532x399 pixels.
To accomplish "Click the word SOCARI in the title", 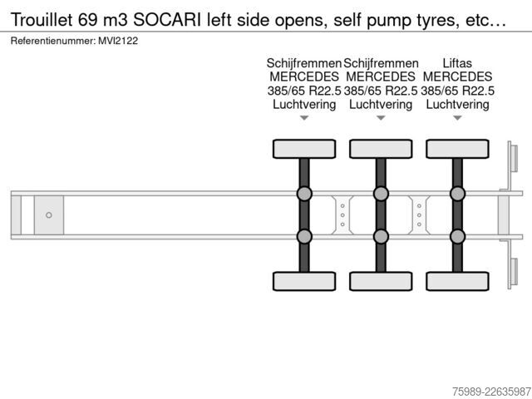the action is click(167, 20).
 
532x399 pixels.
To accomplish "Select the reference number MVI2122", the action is click(118, 41).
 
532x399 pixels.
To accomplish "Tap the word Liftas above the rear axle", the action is click(457, 63).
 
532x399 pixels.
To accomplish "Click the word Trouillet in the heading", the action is click(42, 20).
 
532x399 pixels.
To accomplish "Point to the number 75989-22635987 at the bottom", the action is click(491, 392).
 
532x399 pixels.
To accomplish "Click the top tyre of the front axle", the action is click(304, 149).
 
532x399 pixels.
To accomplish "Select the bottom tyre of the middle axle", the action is click(381, 281).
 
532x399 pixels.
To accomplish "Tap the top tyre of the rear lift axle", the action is click(457, 149).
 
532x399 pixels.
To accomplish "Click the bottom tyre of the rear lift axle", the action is click(457, 281).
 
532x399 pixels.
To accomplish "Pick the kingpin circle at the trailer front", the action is click(49, 215).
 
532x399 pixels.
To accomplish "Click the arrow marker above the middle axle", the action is click(381, 118).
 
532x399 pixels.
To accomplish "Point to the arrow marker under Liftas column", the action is click(457, 118).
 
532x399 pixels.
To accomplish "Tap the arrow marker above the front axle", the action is click(304, 118).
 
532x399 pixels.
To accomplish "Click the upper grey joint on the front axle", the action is click(304, 194).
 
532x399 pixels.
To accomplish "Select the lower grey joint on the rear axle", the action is click(457, 236).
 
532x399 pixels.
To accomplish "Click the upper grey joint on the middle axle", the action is click(381, 194).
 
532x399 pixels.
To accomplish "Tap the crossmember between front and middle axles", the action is click(342, 215).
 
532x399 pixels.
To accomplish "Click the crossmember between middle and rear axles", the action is click(419, 215).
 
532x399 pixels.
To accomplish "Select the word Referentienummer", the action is click(53, 41).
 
